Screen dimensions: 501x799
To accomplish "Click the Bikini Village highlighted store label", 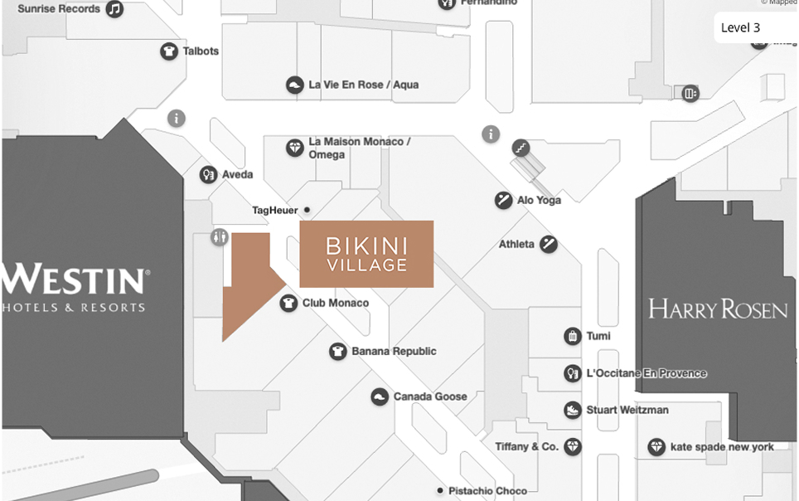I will [x=366, y=254].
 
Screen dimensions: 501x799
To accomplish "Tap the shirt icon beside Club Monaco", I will [x=288, y=303].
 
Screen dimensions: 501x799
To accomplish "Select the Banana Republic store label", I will [x=394, y=351].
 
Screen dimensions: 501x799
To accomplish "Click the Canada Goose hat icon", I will [x=380, y=396].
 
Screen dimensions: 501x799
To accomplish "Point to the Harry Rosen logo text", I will [x=718, y=309].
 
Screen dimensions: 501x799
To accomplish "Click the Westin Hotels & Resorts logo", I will [x=75, y=287].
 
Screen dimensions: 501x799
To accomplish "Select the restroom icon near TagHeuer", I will [x=220, y=237].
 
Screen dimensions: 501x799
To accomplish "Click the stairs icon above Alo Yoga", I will [x=521, y=148].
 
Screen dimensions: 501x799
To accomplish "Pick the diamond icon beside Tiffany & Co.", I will [x=573, y=446].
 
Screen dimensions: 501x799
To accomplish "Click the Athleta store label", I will [x=516, y=244].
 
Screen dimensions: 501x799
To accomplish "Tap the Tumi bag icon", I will [x=572, y=336].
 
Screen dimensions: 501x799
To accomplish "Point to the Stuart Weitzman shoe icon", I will [x=572, y=410].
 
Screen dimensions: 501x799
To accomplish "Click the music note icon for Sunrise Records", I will [x=114, y=9].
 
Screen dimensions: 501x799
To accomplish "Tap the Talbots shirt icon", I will [x=169, y=51].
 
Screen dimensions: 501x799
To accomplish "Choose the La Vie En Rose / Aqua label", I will [x=363, y=85].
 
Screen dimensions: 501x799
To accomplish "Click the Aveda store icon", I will [x=208, y=174].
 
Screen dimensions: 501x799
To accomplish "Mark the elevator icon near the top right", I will [x=690, y=94].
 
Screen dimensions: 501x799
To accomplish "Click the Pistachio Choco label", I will [x=487, y=490].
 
